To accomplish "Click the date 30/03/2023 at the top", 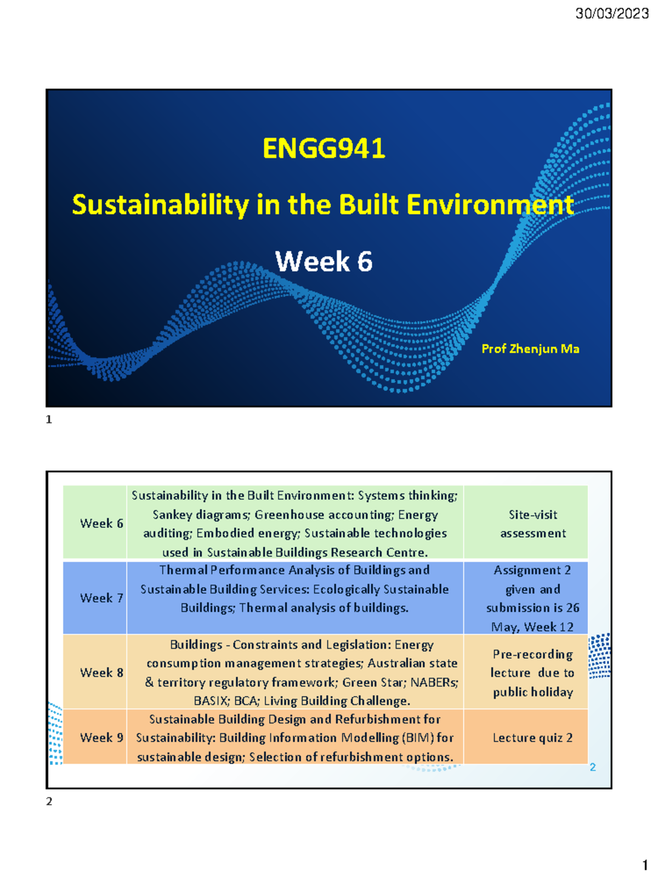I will [611, 14].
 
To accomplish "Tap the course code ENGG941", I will [324, 149].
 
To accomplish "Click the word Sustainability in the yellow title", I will [160, 205].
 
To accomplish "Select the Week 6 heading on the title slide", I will [324, 261].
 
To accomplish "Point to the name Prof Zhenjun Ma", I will [530, 349].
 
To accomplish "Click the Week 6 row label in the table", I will [101, 524].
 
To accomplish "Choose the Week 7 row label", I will [101, 598].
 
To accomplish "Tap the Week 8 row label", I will [101, 673].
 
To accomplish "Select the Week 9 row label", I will [101, 738].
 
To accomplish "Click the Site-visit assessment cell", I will [532, 524].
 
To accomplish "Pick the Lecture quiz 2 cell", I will [532, 738].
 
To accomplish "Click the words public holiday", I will [532, 693].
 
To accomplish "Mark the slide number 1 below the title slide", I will [49, 420].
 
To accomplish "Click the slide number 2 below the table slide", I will [49, 802].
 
